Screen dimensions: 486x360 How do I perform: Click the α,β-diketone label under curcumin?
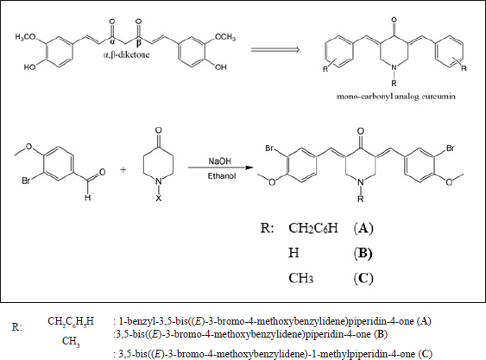(x=126, y=55)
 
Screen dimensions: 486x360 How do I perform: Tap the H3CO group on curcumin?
(x=25, y=37)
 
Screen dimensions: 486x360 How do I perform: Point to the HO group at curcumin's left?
(x=30, y=67)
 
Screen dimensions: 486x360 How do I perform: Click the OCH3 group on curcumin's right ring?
(x=225, y=37)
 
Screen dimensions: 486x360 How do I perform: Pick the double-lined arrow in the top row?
(x=275, y=49)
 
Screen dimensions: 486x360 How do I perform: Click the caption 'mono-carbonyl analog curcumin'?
(x=396, y=96)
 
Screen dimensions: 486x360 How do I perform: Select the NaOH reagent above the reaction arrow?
(x=219, y=161)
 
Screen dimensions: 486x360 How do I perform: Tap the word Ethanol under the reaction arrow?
(x=222, y=176)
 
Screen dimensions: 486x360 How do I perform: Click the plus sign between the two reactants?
(x=123, y=169)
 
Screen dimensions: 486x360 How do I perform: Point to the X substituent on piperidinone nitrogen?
(x=158, y=199)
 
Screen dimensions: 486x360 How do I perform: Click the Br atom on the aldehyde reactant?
(x=26, y=180)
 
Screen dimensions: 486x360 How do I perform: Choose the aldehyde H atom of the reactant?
(x=88, y=197)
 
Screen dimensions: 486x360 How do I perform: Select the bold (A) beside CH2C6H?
(x=363, y=229)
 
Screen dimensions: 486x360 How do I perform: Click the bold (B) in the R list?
(x=363, y=253)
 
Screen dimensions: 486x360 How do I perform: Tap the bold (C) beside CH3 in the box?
(x=363, y=278)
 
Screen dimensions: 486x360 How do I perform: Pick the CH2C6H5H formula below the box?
(x=71, y=321)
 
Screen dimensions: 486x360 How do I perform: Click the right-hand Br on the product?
(x=451, y=148)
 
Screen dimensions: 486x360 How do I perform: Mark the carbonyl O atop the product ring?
(x=361, y=131)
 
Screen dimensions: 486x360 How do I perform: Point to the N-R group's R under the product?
(x=361, y=199)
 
